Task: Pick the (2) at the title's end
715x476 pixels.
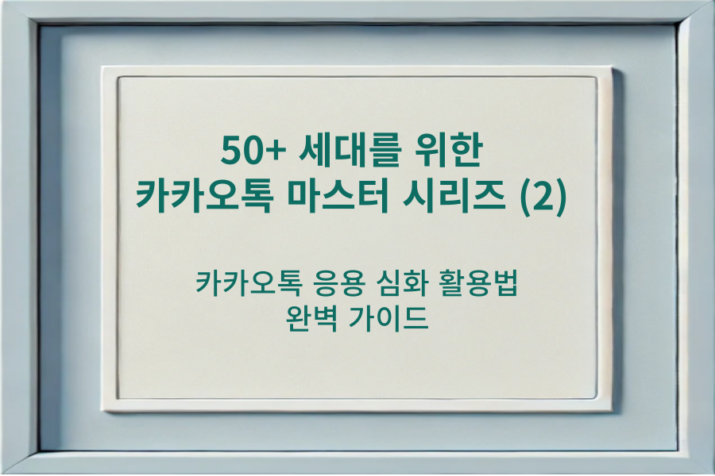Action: click(543, 195)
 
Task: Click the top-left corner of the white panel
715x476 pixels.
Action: click(119, 77)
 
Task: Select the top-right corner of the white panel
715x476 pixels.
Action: click(596, 77)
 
